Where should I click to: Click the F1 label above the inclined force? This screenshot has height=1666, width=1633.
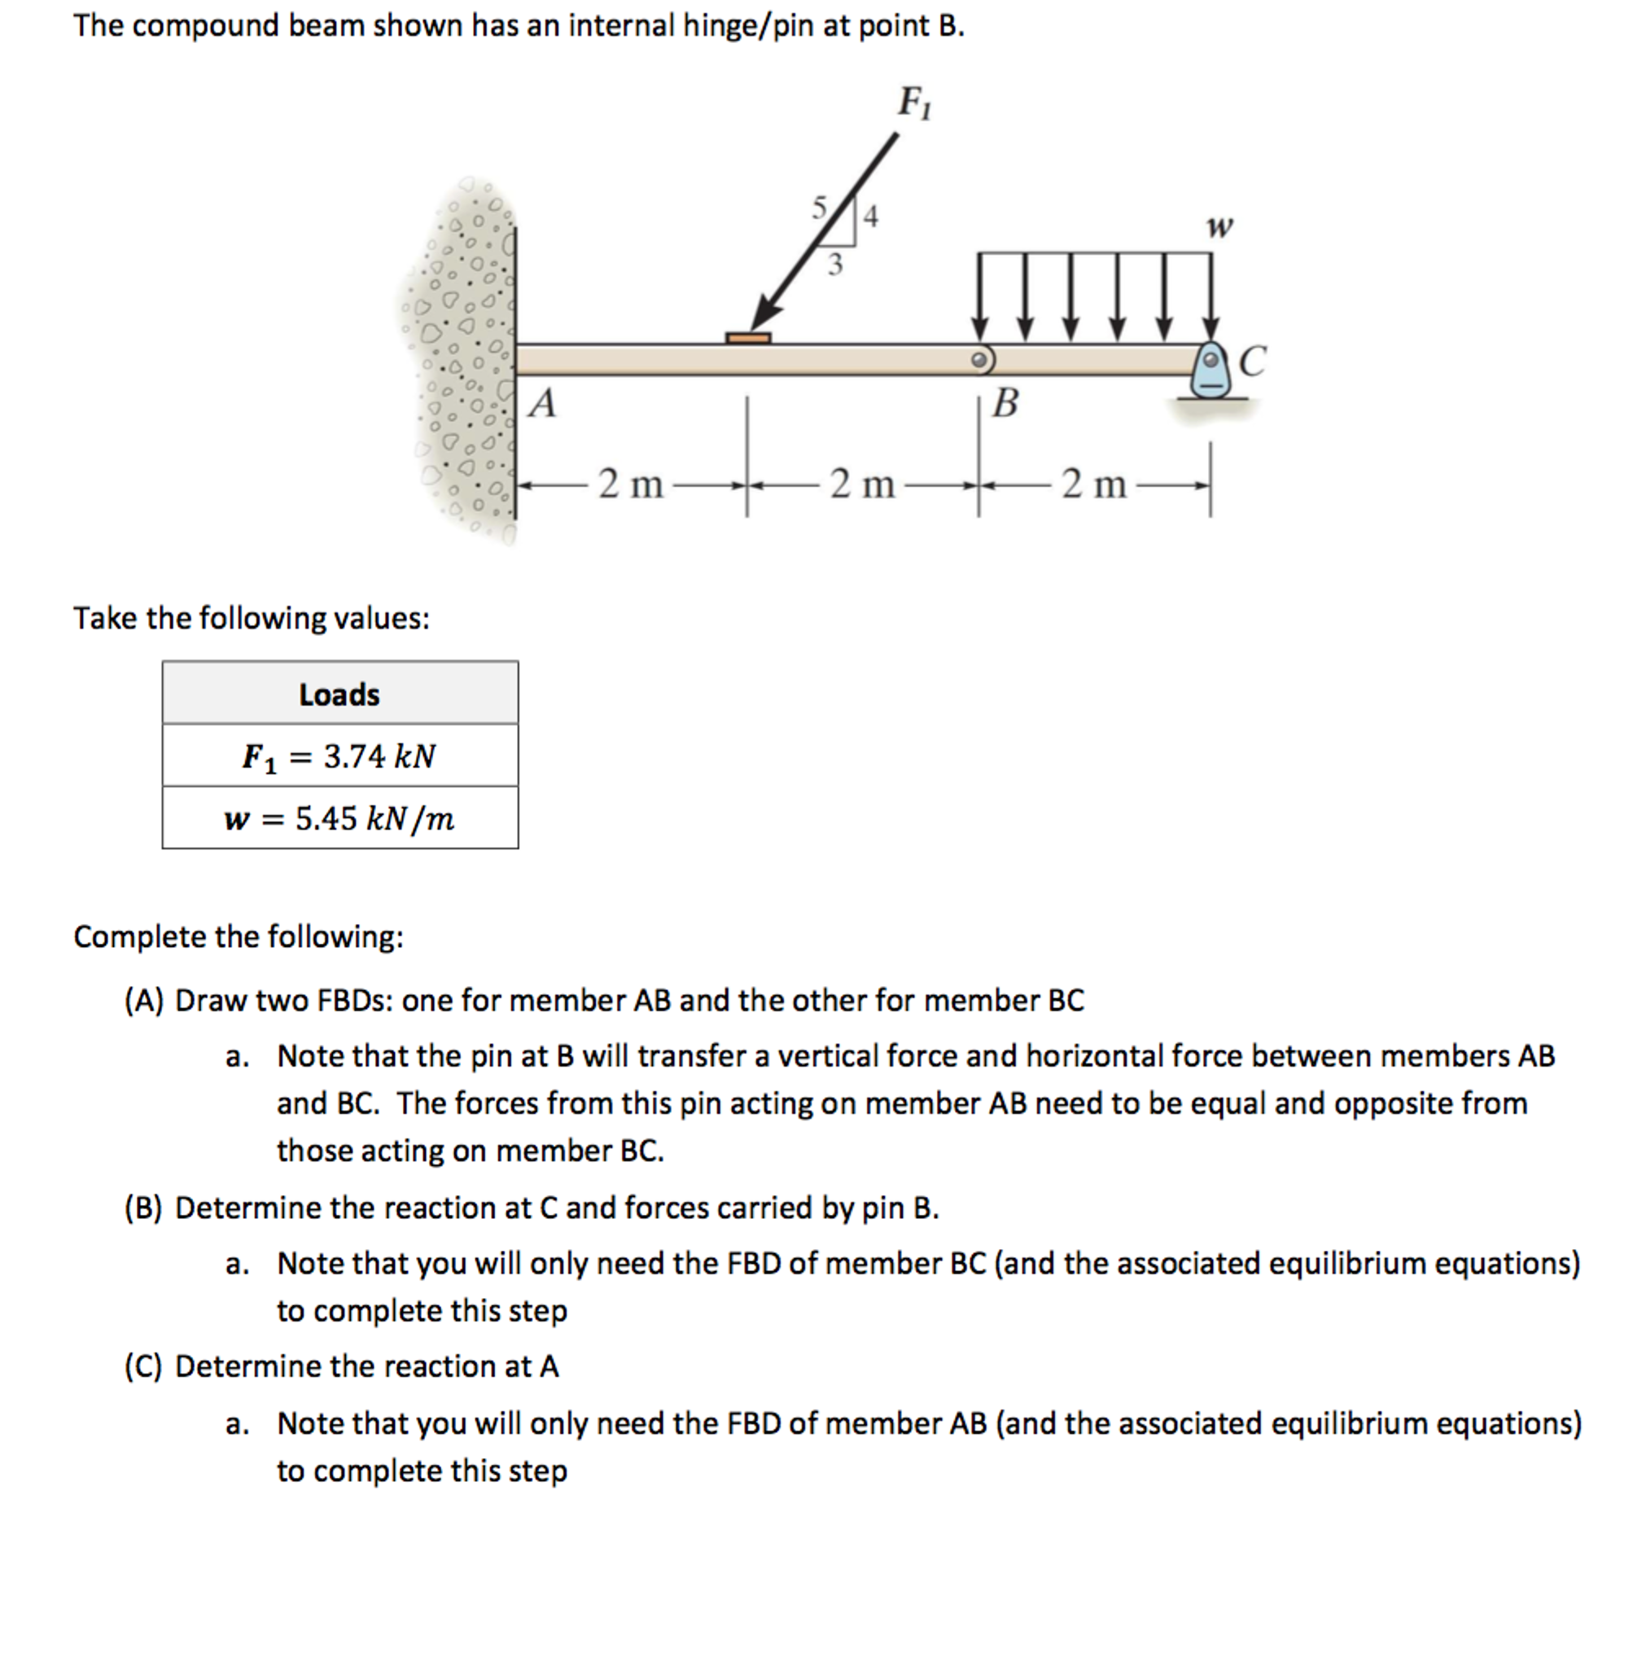click(x=913, y=103)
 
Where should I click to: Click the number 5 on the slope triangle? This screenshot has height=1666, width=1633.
click(x=820, y=207)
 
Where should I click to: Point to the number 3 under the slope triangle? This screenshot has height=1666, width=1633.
click(x=834, y=264)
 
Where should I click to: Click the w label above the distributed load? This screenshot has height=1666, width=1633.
click(x=1219, y=226)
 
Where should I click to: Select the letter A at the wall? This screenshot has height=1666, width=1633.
click(x=542, y=403)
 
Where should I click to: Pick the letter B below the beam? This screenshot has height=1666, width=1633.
click(x=1005, y=402)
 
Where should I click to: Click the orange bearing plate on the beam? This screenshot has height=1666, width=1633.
click(x=748, y=338)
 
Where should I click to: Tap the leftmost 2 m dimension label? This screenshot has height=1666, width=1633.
click(x=630, y=484)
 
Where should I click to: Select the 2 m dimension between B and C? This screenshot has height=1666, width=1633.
click(x=1093, y=484)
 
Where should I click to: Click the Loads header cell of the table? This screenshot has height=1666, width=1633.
click(x=339, y=693)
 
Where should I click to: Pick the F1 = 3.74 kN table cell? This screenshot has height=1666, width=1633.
click(x=339, y=756)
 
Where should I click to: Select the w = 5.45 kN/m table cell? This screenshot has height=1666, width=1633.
click(x=339, y=818)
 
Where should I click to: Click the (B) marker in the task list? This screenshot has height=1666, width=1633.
click(x=143, y=1208)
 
